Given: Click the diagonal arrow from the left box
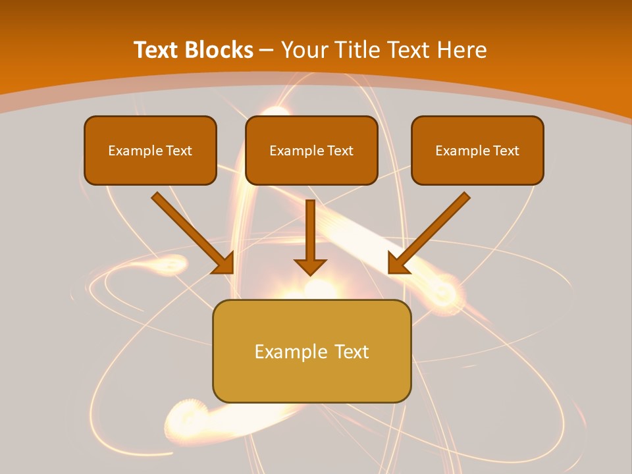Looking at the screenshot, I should pos(192,233).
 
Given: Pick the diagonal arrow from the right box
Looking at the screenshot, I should pos(429,233).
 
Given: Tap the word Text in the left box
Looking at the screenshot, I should pos(179,151).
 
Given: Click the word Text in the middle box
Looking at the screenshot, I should pos(340,151).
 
